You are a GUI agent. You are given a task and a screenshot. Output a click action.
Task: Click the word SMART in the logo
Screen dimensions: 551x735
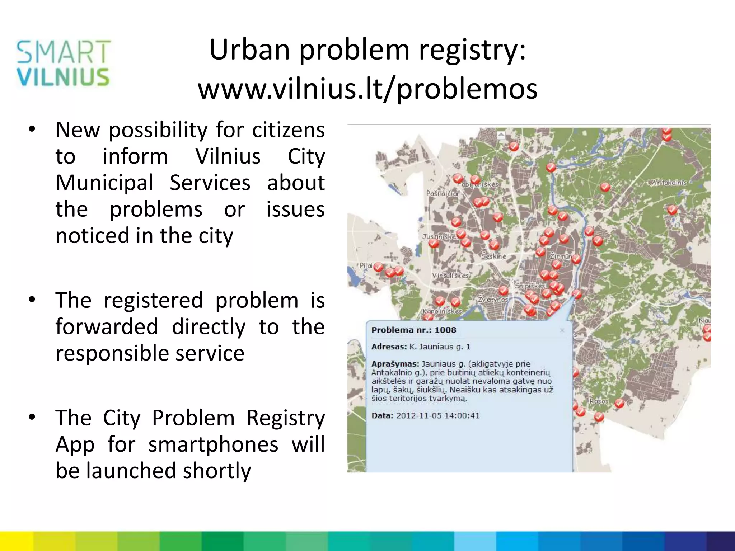(64, 52)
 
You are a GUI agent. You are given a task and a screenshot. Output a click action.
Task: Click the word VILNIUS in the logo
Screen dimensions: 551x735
(63, 77)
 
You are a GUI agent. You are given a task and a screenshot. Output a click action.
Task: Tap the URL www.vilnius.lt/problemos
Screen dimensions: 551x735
(367, 89)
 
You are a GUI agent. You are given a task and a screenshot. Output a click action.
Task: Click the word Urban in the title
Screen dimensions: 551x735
(249, 49)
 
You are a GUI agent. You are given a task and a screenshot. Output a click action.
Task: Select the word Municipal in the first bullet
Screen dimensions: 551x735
(104, 183)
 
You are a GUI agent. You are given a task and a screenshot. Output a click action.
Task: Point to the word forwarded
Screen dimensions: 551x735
(107, 327)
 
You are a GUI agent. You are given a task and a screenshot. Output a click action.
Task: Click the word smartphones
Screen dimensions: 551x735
(213, 444)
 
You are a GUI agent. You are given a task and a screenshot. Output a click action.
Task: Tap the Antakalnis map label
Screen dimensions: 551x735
(669, 182)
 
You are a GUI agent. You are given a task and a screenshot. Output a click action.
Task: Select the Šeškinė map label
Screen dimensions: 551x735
(493, 256)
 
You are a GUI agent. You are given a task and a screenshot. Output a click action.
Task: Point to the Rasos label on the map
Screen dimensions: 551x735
(599, 401)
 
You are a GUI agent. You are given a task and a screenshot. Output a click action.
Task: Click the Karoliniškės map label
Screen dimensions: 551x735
(442, 311)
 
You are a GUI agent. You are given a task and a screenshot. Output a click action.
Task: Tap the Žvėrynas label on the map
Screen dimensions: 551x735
(493, 299)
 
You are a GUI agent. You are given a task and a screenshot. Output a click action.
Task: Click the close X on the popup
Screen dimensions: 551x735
(562, 330)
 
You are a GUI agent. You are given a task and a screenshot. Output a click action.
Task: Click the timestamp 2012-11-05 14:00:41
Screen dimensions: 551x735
(437, 416)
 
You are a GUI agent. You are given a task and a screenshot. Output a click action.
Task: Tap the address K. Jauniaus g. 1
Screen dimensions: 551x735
(440, 347)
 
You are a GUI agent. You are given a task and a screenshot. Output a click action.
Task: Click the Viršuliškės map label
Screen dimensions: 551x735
(450, 275)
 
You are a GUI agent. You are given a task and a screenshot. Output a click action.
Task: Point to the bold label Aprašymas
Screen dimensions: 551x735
(395, 364)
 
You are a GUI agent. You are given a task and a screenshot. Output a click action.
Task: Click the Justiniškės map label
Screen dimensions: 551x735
(439, 237)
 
